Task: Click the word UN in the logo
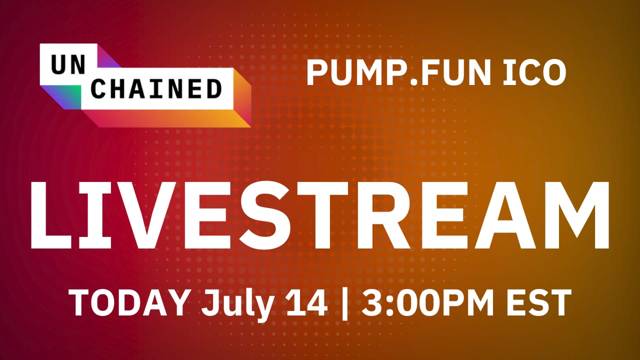pos(68,64)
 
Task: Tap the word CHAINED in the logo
pos(156,89)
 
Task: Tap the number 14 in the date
pos(306,302)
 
